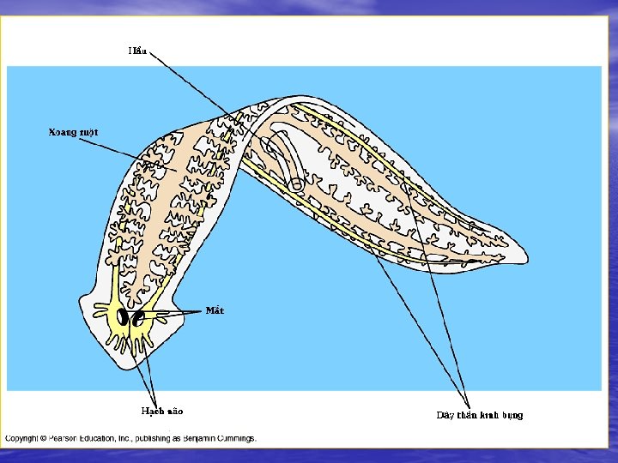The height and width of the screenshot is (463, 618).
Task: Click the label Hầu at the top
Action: [137, 51]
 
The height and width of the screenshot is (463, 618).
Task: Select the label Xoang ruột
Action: [73, 132]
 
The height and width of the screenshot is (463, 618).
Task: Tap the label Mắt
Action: [215, 310]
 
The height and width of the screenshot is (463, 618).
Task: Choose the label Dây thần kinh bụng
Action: [479, 416]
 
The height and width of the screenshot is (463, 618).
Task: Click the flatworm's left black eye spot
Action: [123, 318]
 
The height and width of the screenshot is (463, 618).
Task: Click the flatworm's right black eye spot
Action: [136, 319]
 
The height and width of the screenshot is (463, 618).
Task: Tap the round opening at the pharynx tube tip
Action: [296, 183]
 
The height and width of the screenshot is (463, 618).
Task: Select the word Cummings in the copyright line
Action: [232, 438]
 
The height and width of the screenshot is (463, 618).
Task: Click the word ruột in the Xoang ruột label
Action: [88, 132]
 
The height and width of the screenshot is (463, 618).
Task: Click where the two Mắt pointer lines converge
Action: [203, 312]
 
